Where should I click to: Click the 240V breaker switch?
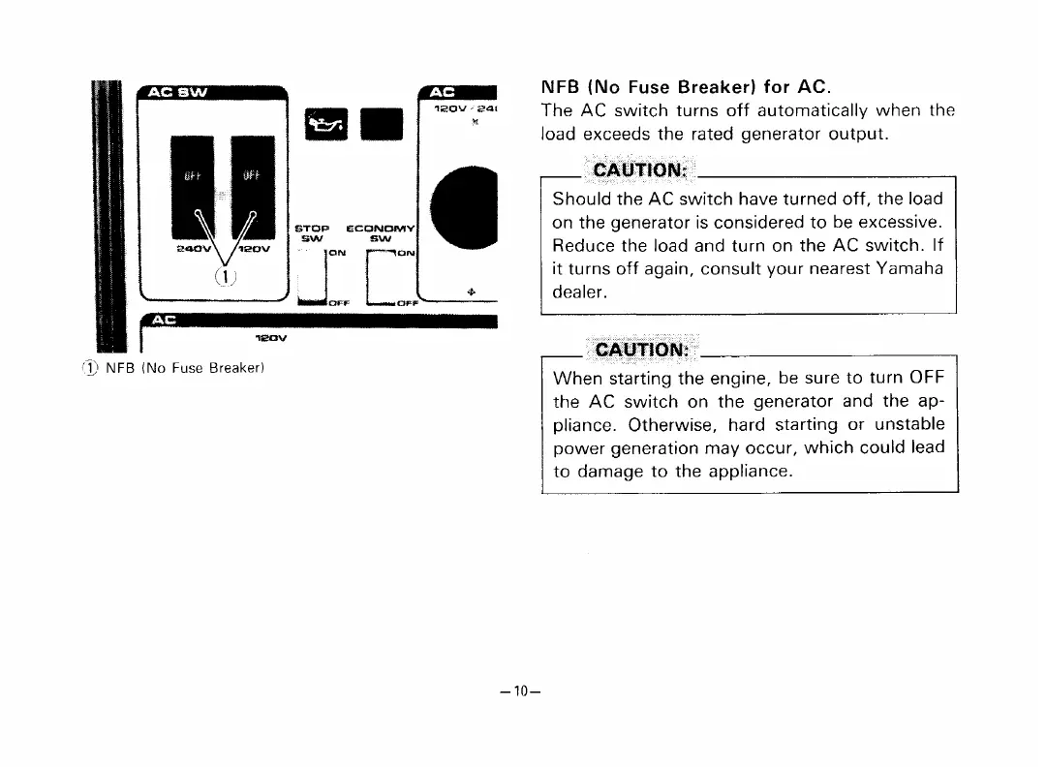point(190,178)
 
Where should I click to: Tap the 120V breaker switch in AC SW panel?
point(250,178)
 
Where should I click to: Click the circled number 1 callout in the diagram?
point(220,277)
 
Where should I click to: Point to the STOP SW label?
point(312,232)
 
